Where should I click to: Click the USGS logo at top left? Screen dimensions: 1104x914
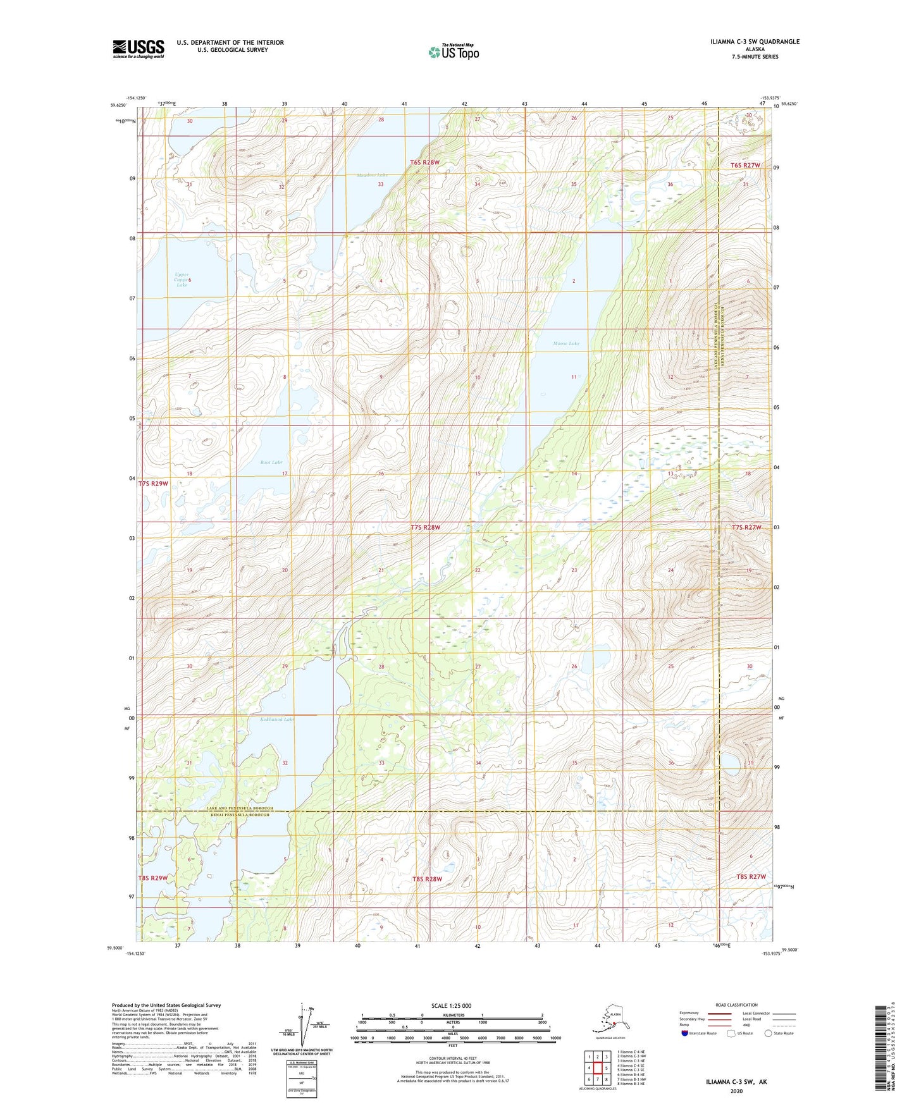pos(138,49)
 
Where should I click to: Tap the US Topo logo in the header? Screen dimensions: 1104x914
pos(453,52)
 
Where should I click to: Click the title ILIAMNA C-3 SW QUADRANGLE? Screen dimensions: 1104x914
pos(754,42)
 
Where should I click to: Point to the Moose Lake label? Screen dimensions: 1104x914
pos(565,343)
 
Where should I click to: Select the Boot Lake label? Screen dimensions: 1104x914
pos(271,462)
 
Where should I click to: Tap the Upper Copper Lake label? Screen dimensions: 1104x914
pos(182,279)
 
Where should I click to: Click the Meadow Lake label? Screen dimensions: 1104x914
pos(372,175)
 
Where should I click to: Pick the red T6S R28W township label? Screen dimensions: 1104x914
pos(424,163)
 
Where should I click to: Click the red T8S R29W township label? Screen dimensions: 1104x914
pos(152,878)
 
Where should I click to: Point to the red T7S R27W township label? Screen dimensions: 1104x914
pos(746,527)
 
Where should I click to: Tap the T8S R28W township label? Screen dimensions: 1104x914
pos(427,879)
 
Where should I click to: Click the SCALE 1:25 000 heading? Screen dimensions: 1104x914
pos(451,1005)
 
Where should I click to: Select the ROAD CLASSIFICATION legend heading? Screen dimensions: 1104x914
pos(736,1005)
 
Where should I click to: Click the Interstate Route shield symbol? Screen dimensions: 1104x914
pos(684,1034)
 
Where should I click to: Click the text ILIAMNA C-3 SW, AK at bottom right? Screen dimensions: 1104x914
pos(736,1082)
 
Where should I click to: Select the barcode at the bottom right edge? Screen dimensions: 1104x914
pos(882,1047)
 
